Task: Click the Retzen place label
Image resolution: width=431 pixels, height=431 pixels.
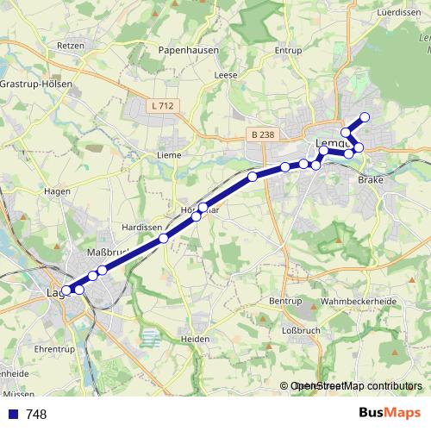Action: click(x=69, y=46)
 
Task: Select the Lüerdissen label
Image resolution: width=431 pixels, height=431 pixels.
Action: click(x=397, y=13)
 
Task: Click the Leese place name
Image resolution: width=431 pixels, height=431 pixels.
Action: click(x=226, y=75)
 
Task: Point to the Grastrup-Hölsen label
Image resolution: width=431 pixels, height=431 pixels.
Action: click(x=36, y=84)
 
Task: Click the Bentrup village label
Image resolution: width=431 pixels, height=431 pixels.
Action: click(x=285, y=300)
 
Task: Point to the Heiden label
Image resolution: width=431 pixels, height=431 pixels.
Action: click(x=196, y=339)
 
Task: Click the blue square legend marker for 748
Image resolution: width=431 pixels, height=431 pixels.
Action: click(x=12, y=414)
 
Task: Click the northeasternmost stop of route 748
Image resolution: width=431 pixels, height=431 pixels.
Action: click(x=365, y=117)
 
